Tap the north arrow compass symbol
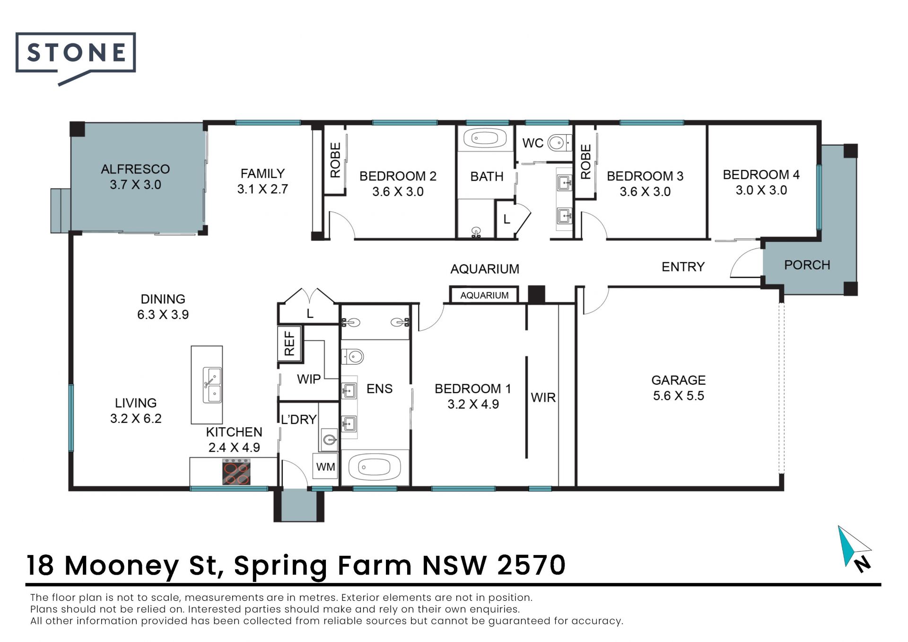tap(854, 548)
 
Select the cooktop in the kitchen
tap(236, 472)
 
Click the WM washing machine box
tap(325, 466)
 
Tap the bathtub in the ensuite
tap(375, 467)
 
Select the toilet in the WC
tap(559, 142)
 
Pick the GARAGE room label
tap(678, 380)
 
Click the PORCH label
tap(807, 265)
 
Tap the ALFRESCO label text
tap(135, 169)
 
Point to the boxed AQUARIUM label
tap(484, 295)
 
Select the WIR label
tap(543, 397)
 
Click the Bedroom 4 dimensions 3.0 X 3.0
tap(761, 190)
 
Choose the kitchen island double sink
tap(212, 385)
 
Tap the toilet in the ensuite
tap(352, 356)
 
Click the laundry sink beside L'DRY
tap(330, 440)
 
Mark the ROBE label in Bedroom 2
tap(335, 160)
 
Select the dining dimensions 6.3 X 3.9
tap(163, 315)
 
